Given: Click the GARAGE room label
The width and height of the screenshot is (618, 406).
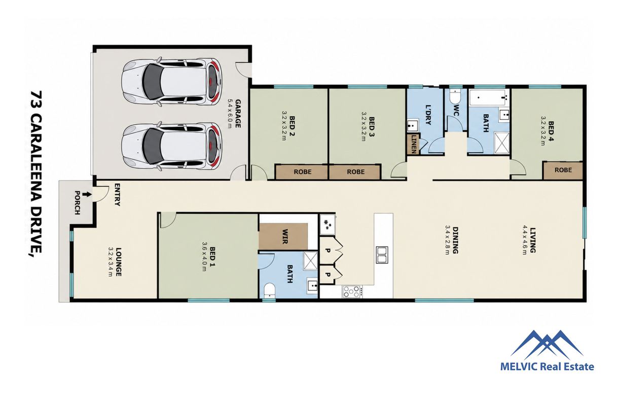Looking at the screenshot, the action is tap(238, 114).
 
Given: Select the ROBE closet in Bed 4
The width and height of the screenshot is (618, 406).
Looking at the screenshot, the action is tap(563, 170).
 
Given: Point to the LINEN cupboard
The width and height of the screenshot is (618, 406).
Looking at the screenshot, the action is tap(414, 144).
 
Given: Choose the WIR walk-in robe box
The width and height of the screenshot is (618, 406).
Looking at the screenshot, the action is tap(283, 236).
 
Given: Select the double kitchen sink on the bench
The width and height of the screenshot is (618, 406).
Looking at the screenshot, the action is tap(382, 255).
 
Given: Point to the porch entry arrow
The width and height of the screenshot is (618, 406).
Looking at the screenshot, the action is tap(88, 195).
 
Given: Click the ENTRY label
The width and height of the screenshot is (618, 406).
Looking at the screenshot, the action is tap(117, 195).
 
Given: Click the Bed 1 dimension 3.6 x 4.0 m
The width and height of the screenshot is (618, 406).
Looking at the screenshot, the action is tap(204, 257).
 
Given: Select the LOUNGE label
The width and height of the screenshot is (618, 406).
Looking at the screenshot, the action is tap(118, 262).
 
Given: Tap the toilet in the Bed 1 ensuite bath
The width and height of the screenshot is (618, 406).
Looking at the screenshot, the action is tap(270, 290).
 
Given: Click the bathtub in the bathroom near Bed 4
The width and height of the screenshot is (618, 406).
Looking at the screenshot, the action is tap(488, 97).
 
